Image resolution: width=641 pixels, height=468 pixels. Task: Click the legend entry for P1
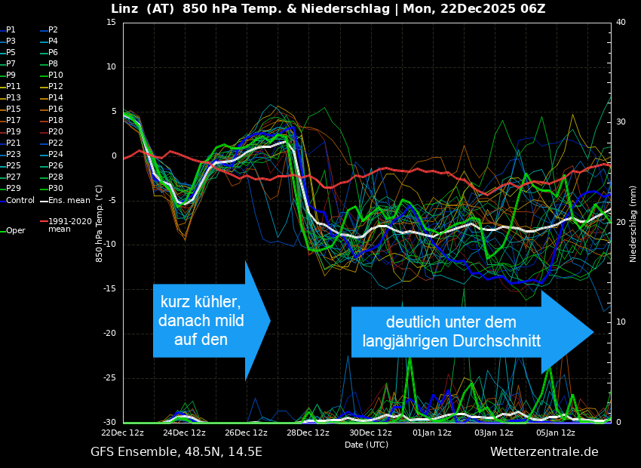tap(11, 30)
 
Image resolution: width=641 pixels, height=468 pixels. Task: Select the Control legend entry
tap(20, 200)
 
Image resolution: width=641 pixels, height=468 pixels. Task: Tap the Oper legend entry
tap(16, 231)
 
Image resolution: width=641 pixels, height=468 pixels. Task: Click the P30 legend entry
tap(56, 189)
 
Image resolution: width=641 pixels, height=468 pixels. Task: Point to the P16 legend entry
tap(56, 109)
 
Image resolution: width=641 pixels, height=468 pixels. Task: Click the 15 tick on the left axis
tap(111, 23)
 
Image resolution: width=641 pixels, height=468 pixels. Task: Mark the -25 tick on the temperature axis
tap(109, 378)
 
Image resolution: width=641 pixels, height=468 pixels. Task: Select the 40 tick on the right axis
tap(621, 23)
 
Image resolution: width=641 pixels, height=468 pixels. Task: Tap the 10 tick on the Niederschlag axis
tap(621, 322)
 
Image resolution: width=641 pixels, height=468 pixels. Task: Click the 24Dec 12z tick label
tap(184, 433)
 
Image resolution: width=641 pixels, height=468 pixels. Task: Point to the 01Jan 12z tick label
tap(432, 433)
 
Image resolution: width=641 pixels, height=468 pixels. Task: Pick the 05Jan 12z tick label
tap(556, 433)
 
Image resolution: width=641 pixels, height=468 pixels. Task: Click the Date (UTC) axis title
tap(367, 445)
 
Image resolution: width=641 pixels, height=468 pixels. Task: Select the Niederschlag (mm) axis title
tap(633, 223)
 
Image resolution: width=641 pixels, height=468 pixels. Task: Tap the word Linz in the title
tap(125, 9)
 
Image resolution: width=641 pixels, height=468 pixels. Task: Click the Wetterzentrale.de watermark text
tap(544, 452)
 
